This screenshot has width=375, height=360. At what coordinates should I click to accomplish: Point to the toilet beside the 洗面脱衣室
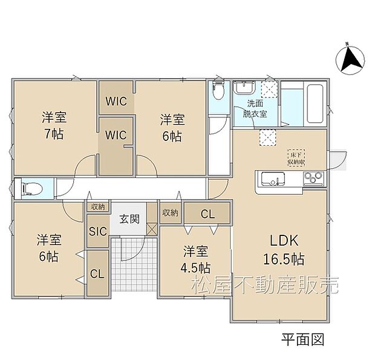218,92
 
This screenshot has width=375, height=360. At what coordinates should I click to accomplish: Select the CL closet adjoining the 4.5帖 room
207,212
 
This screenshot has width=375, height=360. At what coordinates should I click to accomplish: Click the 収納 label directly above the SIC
97,207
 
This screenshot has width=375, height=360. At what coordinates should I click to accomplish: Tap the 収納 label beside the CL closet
170,212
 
